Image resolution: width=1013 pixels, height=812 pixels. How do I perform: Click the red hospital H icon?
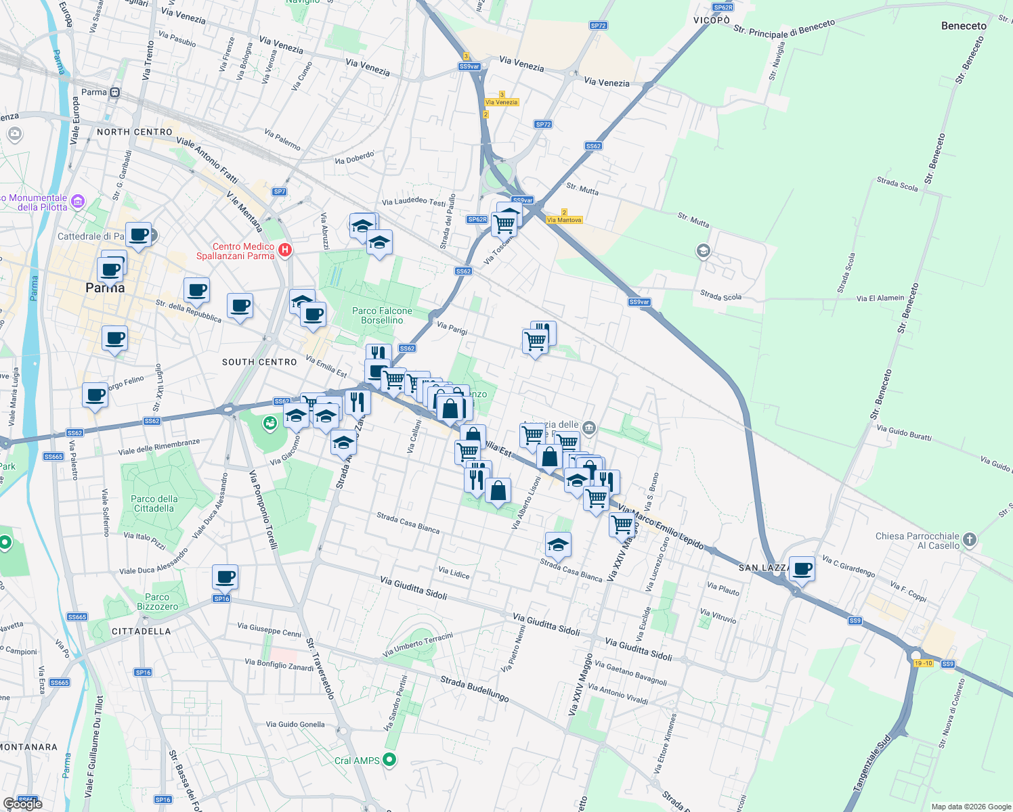pos(285,250)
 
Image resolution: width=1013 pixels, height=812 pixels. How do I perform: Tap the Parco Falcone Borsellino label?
pos(382,315)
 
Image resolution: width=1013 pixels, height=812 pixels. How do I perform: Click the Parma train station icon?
pos(114,92)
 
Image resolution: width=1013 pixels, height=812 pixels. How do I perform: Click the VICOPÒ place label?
pos(712,20)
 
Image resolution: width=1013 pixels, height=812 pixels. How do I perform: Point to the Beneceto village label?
pos(964,26)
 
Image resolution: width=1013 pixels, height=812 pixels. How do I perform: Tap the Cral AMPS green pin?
pos(389,760)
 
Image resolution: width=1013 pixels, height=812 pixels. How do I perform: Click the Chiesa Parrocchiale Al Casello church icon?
pos(970,539)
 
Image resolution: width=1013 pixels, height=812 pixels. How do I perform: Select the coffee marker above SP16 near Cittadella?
pos(225,577)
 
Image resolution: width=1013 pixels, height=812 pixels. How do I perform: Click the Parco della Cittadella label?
pos(154,503)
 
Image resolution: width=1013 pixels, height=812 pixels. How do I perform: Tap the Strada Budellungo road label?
pos(474,689)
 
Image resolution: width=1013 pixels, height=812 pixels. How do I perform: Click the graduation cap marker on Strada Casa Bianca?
pos(558,545)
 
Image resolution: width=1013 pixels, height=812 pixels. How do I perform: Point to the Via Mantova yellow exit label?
pos(564,220)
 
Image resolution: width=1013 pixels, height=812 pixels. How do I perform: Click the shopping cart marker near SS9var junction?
pos(504,223)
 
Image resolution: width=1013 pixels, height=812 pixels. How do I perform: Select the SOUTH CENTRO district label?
pos(259,362)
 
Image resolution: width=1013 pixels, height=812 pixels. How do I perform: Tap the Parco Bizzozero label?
pos(157,602)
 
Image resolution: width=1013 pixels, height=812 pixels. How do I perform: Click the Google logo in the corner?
pos(22,803)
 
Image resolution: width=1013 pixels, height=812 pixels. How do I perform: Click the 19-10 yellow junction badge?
pos(923,663)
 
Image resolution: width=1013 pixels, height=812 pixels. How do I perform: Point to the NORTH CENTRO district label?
pos(134,132)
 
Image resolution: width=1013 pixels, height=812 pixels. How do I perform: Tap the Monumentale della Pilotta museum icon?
pos(78,201)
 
